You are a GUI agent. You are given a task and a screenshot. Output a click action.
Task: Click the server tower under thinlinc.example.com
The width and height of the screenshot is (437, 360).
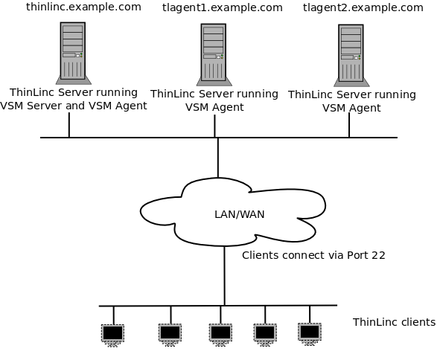click(x=73, y=51)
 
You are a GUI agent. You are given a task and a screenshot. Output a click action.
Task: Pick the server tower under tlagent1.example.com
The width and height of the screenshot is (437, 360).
click(x=214, y=53)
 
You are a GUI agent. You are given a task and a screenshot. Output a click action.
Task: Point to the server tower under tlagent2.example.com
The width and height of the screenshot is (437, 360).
click(x=351, y=54)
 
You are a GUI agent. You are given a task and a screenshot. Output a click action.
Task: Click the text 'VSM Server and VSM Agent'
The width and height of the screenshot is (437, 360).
click(x=73, y=106)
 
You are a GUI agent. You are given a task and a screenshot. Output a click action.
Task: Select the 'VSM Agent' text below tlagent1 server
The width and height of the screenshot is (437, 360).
click(x=214, y=107)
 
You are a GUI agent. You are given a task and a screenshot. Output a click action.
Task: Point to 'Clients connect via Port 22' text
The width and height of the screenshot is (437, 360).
click(x=313, y=255)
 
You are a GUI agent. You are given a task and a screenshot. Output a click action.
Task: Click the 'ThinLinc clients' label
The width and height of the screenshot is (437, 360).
click(x=394, y=322)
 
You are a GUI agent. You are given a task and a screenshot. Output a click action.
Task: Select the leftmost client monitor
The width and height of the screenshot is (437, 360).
click(x=113, y=332)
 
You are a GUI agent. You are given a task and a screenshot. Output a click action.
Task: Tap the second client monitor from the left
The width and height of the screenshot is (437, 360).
click(x=170, y=332)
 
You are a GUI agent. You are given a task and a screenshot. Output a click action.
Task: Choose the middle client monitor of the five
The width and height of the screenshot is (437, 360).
click(x=220, y=332)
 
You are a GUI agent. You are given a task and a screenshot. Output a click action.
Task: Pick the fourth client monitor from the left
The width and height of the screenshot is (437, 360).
click(x=265, y=332)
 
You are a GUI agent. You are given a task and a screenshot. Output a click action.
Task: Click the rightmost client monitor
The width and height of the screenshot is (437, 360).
click(x=310, y=331)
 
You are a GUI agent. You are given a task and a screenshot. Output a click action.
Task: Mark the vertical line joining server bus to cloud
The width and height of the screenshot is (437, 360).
click(x=217, y=157)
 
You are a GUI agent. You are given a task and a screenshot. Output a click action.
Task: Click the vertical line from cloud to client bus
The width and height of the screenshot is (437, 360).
click(x=224, y=275)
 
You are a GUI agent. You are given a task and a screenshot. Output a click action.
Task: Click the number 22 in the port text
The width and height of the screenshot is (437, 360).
click(x=378, y=255)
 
